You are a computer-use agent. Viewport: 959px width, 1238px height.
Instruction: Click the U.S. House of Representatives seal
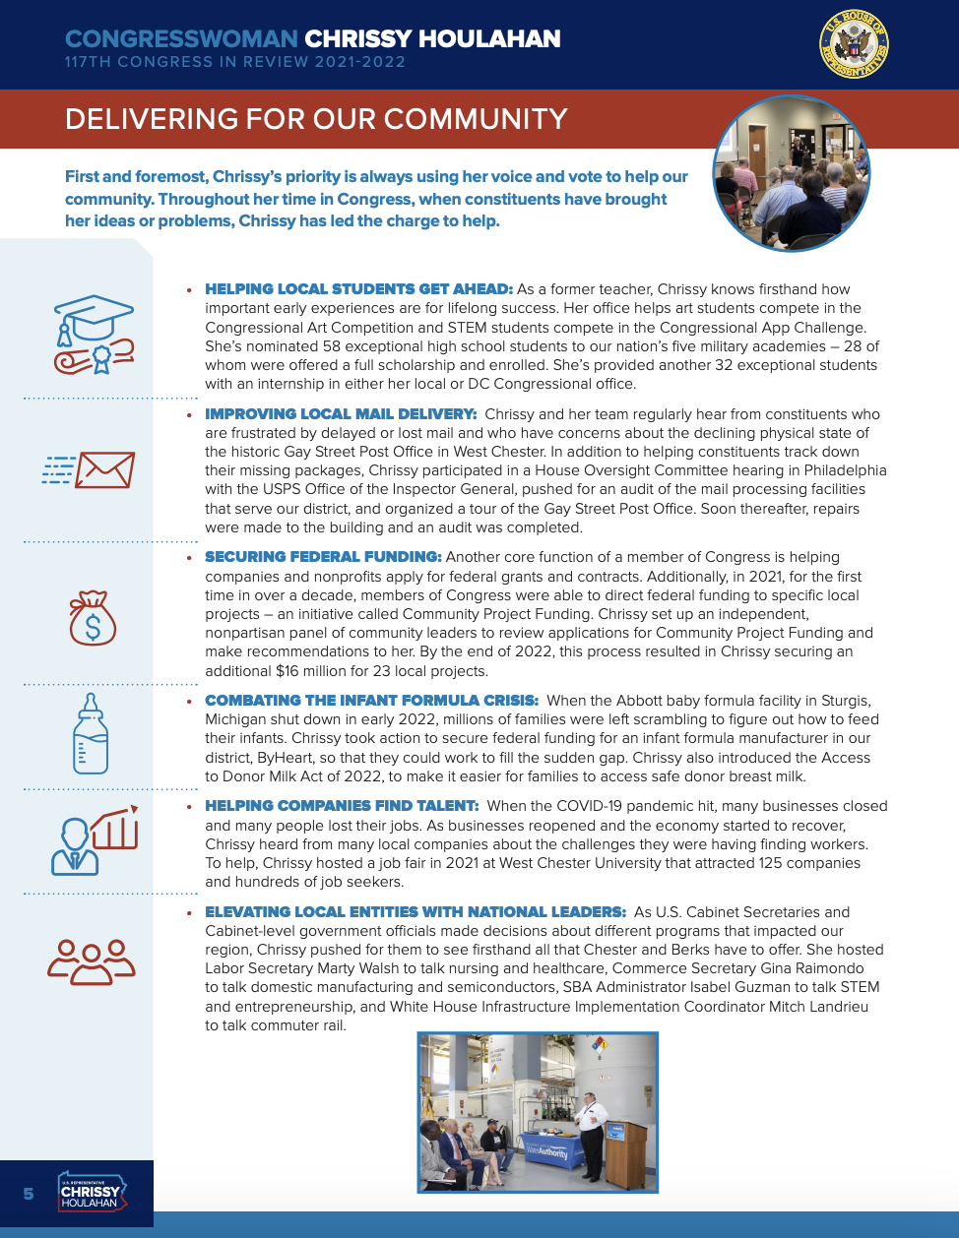(854, 45)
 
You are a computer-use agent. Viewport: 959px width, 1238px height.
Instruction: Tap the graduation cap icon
(94, 334)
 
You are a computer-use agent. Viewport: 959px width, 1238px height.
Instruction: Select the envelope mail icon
(90, 470)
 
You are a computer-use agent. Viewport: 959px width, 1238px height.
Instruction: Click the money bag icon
(93, 618)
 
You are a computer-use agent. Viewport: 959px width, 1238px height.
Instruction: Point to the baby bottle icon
(91, 733)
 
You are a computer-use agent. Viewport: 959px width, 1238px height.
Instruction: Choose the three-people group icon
(91, 961)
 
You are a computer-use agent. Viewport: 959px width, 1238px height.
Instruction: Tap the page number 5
(29, 1194)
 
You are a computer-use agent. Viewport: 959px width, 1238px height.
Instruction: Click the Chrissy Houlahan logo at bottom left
(91, 1192)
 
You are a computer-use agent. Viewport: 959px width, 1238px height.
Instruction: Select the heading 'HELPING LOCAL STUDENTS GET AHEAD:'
(358, 289)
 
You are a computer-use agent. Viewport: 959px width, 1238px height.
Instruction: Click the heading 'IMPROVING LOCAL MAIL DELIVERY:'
(341, 414)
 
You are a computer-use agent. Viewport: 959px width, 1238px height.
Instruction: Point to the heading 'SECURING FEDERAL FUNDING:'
(323, 557)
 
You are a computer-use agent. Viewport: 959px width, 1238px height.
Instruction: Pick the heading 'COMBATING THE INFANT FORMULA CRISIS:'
(371, 701)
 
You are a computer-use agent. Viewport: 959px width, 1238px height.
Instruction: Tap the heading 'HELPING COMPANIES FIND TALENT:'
(342, 806)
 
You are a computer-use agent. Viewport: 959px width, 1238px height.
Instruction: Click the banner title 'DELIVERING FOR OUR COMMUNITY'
(316, 119)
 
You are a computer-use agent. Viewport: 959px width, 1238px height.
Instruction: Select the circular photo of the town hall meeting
(792, 173)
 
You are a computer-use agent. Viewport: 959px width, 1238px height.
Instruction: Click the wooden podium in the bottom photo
(625, 1151)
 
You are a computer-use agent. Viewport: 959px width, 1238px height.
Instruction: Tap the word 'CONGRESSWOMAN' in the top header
(181, 39)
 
